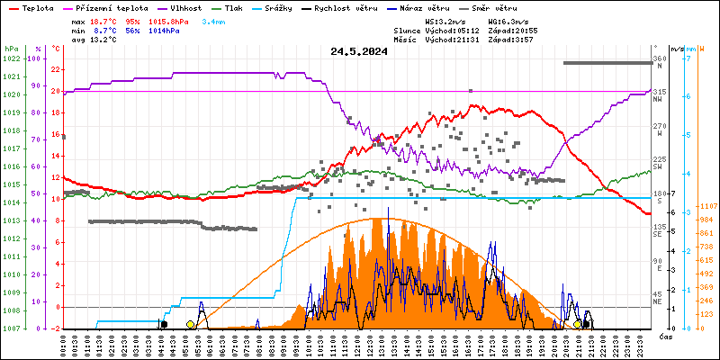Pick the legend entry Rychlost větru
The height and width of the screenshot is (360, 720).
(352, 7)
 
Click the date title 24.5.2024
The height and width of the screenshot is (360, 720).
(359, 52)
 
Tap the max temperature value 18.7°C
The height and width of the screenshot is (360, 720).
(104, 20)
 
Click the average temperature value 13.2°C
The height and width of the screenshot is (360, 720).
(104, 40)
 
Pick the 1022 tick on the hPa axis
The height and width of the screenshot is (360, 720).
(12, 58)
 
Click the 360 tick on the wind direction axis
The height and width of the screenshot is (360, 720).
(659, 58)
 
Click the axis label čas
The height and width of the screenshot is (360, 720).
(665, 337)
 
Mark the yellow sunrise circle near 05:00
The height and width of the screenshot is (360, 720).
(190, 324)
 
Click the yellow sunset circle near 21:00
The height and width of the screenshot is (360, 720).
(578, 324)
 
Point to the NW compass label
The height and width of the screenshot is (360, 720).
(659, 100)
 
